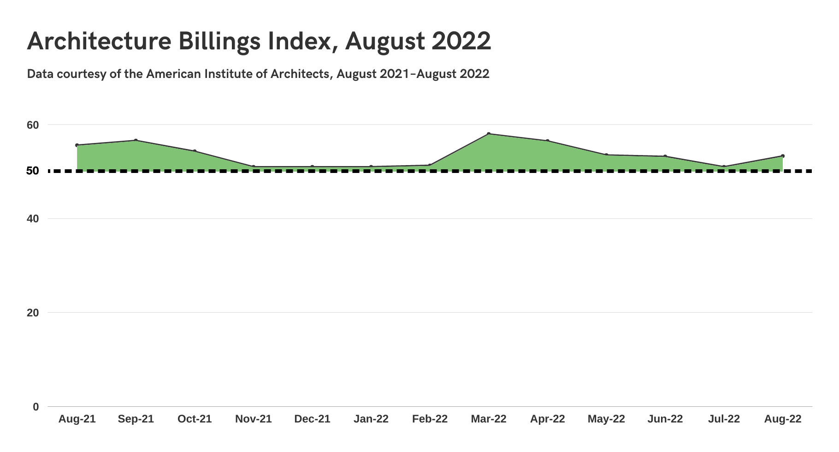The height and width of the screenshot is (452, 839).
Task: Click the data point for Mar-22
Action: click(489, 134)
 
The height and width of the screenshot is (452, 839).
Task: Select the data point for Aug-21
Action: click(77, 145)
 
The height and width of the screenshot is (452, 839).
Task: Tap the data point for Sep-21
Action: click(136, 140)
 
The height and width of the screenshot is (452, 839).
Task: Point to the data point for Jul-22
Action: click(724, 167)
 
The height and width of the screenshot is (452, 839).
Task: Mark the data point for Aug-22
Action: click(783, 156)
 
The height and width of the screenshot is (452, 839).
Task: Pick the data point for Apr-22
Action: click(548, 141)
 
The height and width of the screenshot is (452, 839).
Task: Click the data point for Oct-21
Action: click(195, 151)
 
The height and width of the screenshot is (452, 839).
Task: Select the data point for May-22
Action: click(606, 155)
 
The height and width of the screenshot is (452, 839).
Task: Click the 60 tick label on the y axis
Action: click(33, 125)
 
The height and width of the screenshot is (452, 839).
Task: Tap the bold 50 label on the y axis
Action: click(33, 171)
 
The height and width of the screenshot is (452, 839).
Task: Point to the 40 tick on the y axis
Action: click(33, 219)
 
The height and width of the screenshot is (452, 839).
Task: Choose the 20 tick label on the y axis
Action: click(33, 313)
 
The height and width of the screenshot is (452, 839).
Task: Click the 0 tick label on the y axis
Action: click(36, 407)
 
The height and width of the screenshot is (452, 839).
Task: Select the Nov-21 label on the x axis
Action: click(254, 419)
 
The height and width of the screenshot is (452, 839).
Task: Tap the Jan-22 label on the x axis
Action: click(371, 419)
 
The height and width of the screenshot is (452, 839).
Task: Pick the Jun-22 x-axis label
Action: click(665, 419)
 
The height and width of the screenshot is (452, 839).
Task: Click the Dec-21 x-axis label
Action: click(312, 419)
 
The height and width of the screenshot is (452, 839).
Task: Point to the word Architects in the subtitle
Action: click(300, 74)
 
